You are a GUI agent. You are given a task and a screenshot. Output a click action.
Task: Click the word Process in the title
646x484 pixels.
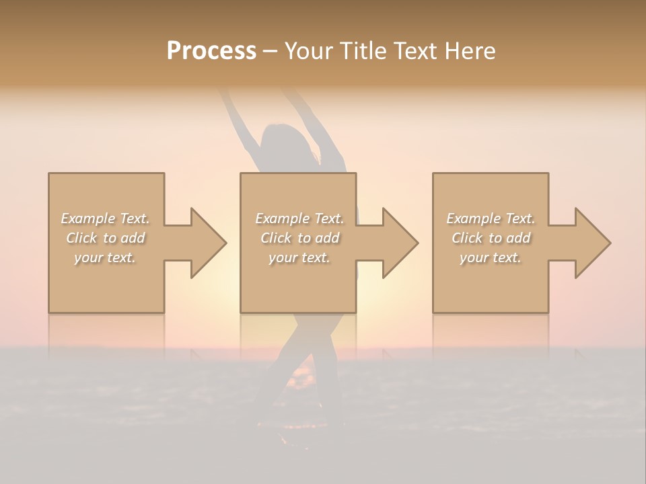coord(211,51)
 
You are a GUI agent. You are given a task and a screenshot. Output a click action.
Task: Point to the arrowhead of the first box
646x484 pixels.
coord(208,243)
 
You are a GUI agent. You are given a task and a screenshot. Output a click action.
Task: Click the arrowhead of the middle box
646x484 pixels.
coord(400,243)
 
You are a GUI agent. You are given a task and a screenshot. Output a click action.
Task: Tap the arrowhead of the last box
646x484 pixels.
coord(592,243)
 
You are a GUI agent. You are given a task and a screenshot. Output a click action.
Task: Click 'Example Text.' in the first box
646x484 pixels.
coord(105,218)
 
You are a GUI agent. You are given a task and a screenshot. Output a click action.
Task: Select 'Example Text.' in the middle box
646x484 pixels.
coord(299,218)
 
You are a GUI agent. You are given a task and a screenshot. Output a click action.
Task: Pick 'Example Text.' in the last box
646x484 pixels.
coord(491,218)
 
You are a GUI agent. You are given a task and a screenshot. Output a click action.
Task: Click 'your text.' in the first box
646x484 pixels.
coord(105,257)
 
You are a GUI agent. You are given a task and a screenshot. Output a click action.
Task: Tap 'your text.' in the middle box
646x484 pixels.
coord(299,257)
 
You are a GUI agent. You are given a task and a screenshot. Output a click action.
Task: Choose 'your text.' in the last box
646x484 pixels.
coord(491,257)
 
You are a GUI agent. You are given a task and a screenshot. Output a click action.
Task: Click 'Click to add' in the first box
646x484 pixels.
coord(105,238)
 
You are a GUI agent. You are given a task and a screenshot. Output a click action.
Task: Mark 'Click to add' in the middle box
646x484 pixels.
coord(299,238)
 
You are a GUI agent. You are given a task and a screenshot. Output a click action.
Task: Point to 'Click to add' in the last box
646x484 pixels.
coord(491,238)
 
